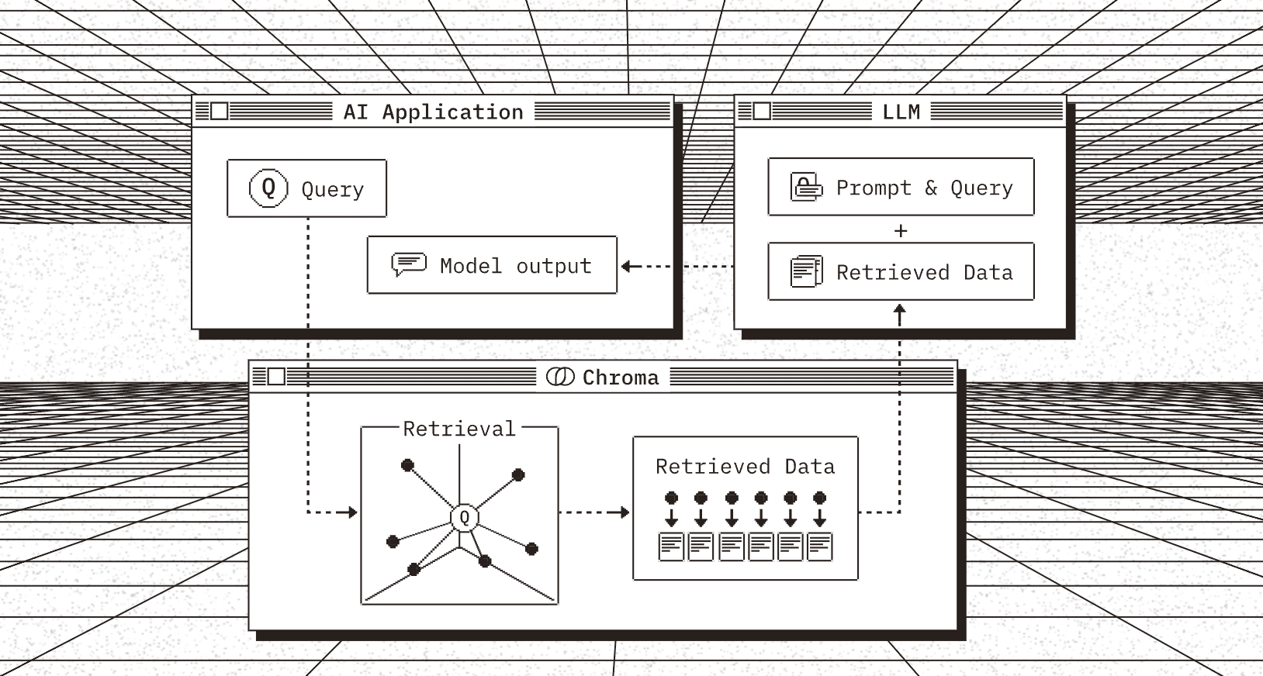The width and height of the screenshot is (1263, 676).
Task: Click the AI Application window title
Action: pos(433,112)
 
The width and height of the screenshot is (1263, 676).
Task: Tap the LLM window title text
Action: pos(901,112)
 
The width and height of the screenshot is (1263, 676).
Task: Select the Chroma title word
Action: pos(620,378)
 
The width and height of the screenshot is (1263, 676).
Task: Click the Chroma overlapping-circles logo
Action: pos(560,377)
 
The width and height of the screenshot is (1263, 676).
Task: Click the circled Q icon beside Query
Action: pos(268,188)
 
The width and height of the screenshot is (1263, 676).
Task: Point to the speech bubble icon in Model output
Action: pos(409,264)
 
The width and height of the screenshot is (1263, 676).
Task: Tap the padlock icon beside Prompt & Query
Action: pos(806,187)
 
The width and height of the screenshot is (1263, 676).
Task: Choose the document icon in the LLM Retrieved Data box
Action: pos(806,271)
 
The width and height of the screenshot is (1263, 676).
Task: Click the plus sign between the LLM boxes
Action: pos(901,230)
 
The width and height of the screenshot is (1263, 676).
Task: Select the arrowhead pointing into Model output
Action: pos(627,266)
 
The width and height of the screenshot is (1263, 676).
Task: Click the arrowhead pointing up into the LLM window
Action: pos(900,310)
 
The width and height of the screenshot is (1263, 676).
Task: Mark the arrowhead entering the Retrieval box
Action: pos(352,512)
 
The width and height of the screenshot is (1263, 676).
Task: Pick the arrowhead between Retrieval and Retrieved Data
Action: pos(624,512)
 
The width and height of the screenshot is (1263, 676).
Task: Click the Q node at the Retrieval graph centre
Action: pos(464,517)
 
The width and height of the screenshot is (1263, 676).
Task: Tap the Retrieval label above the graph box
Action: pos(459,429)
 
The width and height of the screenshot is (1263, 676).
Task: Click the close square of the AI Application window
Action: pos(220,112)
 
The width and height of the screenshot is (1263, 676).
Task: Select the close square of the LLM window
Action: pos(762,112)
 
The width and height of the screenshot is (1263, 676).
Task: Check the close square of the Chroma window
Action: pos(276,377)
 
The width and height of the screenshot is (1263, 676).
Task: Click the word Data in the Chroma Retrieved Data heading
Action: pos(809,467)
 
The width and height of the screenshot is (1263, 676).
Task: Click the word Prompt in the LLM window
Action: pos(873,188)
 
